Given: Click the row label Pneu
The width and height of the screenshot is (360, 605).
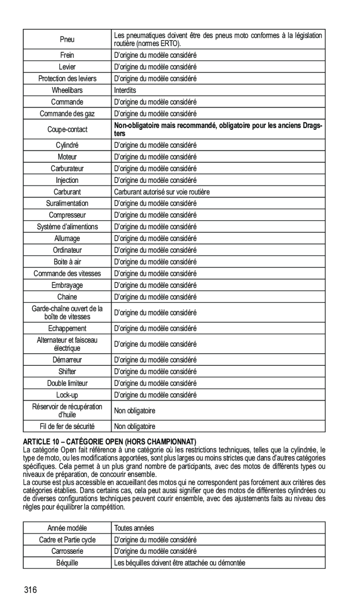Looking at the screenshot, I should click(x=67, y=40).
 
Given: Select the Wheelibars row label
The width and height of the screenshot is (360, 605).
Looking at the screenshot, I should click(x=67, y=90).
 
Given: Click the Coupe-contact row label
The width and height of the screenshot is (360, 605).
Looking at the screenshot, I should click(x=67, y=129).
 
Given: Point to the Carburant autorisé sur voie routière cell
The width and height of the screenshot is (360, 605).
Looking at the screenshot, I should click(x=162, y=192).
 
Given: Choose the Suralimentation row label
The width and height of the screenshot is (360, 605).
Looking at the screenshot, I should click(x=67, y=203).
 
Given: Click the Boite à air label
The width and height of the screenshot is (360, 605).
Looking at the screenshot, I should click(x=67, y=262).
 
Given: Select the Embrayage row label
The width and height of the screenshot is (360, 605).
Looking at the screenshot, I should click(x=67, y=285).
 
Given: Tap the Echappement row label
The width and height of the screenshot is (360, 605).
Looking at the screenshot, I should click(x=67, y=329).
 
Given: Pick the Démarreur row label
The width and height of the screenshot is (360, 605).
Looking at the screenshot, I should click(x=67, y=360).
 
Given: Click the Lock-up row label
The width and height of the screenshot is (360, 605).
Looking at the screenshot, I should click(x=67, y=395).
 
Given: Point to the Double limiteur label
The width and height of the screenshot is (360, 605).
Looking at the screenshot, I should click(x=67, y=383).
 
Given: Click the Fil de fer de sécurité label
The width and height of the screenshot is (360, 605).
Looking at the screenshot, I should click(x=67, y=426).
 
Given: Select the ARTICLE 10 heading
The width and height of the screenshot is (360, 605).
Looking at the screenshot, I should click(x=110, y=441).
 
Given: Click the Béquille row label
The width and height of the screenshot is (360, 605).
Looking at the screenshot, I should click(x=67, y=563).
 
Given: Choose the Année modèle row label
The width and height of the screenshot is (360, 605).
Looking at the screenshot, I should click(x=67, y=528).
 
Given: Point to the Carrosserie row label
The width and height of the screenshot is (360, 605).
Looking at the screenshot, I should click(x=67, y=551).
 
